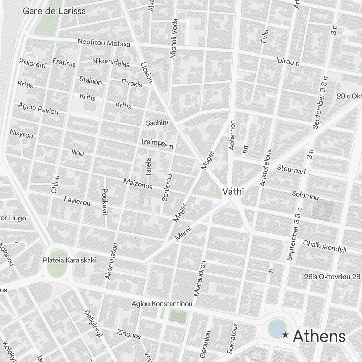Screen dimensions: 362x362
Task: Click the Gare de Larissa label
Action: (x=54, y=11)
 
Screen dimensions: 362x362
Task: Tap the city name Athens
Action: (x=319, y=336)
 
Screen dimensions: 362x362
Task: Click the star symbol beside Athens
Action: (x=286, y=335)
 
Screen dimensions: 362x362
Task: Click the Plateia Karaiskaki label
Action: (x=69, y=260)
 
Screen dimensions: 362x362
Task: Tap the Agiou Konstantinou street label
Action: (x=162, y=303)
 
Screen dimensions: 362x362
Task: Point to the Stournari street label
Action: (x=291, y=169)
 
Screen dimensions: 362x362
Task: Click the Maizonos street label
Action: (x=138, y=184)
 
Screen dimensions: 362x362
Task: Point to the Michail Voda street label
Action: (x=174, y=39)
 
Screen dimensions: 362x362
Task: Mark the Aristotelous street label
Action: (x=265, y=168)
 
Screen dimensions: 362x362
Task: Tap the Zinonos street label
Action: (x=129, y=334)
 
